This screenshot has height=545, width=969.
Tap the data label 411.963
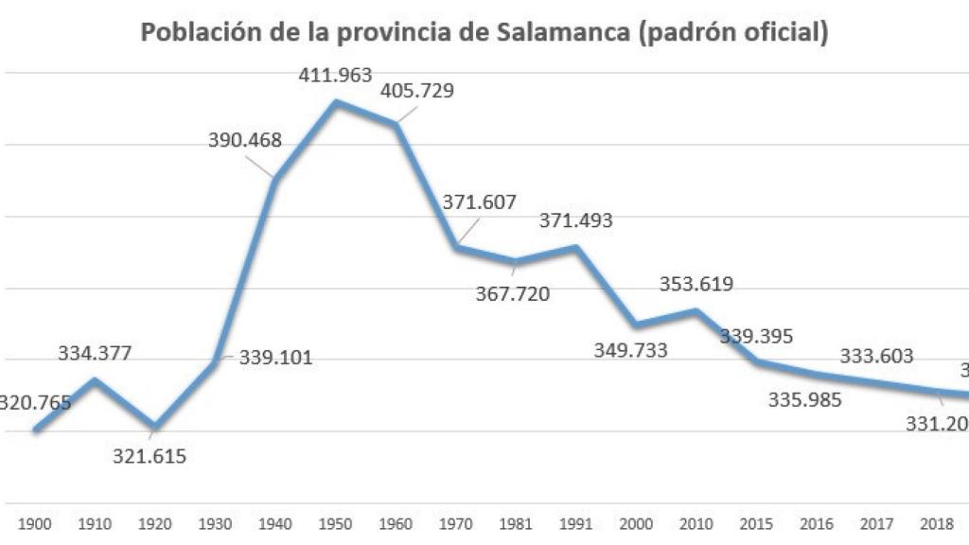pyautogui.click(x=336, y=75)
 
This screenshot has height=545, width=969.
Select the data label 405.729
pyautogui.click(x=416, y=91)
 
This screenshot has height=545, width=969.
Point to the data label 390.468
pyautogui.click(x=245, y=140)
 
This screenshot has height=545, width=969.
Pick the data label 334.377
pyautogui.click(x=95, y=353)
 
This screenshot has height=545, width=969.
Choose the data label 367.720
pyautogui.click(x=512, y=292)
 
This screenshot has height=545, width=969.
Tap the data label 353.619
pyautogui.click(x=696, y=284)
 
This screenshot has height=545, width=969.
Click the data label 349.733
pyautogui.click(x=630, y=350)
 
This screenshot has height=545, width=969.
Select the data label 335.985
pyautogui.click(x=804, y=398)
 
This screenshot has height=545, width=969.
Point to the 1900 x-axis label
pyautogui.click(x=35, y=523)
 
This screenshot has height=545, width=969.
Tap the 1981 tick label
pyautogui.click(x=516, y=523)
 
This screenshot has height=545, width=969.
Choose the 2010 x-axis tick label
pyautogui.click(x=696, y=523)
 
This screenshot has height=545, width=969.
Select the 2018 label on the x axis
pyautogui.click(x=936, y=523)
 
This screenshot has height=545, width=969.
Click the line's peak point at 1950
pyautogui.click(x=336, y=101)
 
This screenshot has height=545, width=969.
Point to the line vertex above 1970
pyautogui.click(x=456, y=247)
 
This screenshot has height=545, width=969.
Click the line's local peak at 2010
pyautogui.click(x=696, y=310)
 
